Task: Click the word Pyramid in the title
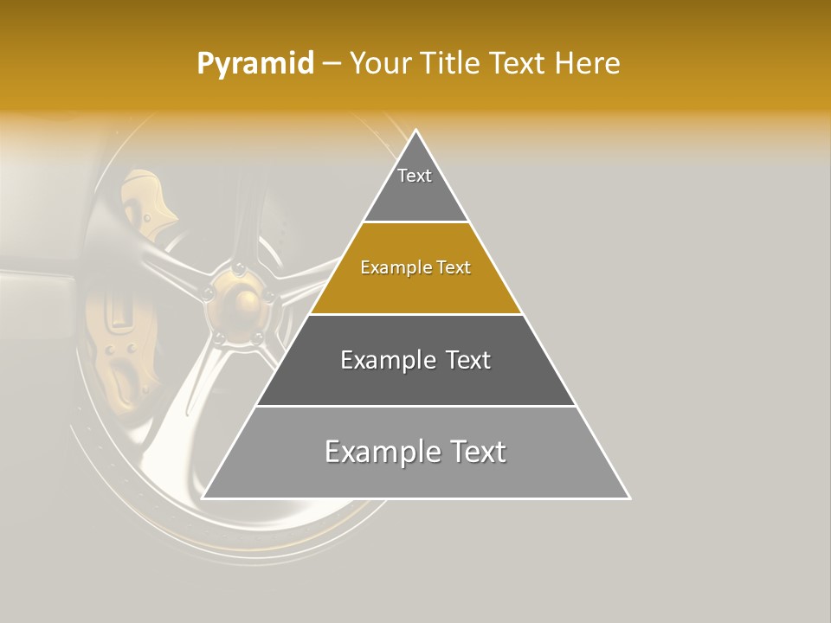coord(255,64)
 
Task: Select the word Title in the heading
coord(455,63)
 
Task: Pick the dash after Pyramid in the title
coord(332,64)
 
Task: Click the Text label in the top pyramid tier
coord(415,176)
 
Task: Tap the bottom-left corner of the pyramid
coord(203,498)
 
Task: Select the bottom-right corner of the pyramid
coord(628,498)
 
